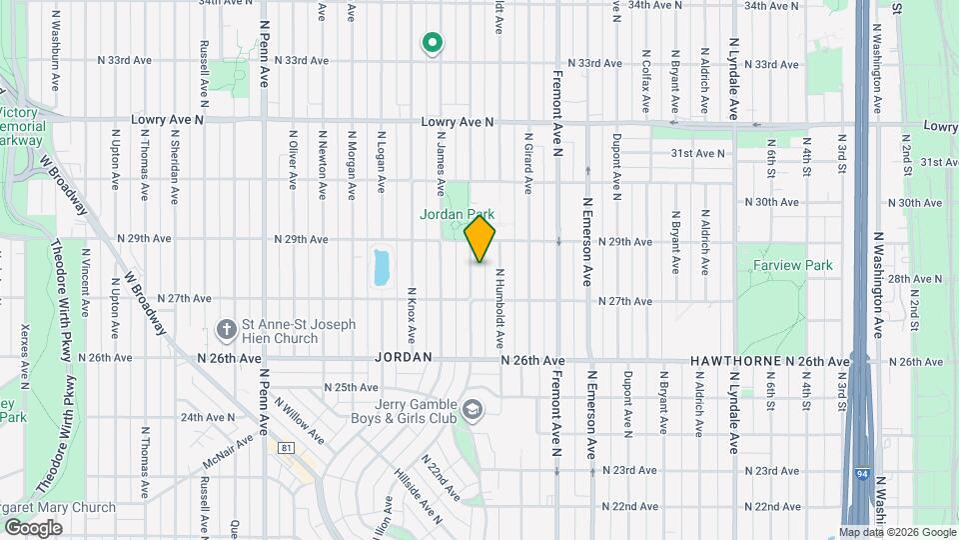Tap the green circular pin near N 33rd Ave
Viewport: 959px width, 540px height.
[x=432, y=43]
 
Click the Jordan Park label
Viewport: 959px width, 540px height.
[x=457, y=215]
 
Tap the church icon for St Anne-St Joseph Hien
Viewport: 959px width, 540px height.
[x=225, y=329]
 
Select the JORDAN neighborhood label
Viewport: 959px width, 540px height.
[x=404, y=357]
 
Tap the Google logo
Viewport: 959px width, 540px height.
[x=33, y=527]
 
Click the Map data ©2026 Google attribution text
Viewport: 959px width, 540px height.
[x=897, y=533]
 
